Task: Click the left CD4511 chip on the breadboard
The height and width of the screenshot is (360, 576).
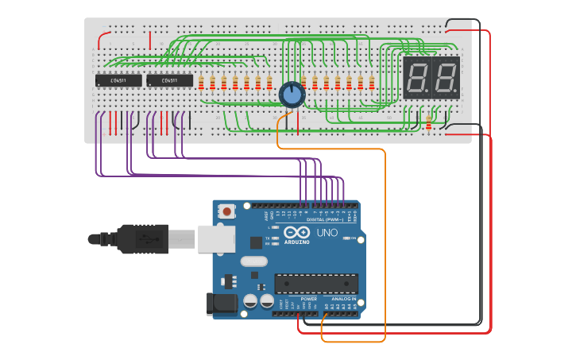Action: (118, 80)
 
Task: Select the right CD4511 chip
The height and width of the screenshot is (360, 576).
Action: (169, 80)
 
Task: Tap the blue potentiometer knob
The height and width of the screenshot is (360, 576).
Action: (292, 95)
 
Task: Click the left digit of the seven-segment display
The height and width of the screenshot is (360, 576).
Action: (417, 78)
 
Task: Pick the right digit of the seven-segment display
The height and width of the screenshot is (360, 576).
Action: (445, 78)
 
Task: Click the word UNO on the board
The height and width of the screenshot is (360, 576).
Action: (327, 234)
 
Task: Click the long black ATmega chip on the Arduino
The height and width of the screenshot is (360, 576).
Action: (316, 283)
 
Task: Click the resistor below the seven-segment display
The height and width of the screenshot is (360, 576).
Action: (430, 123)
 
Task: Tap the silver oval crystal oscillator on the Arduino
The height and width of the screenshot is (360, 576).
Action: (253, 261)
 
